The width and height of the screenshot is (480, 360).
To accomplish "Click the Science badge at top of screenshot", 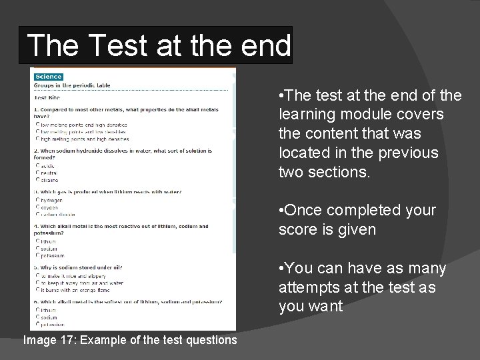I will coord(48,77).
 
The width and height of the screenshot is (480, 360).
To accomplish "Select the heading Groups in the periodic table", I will coord(73,85).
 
